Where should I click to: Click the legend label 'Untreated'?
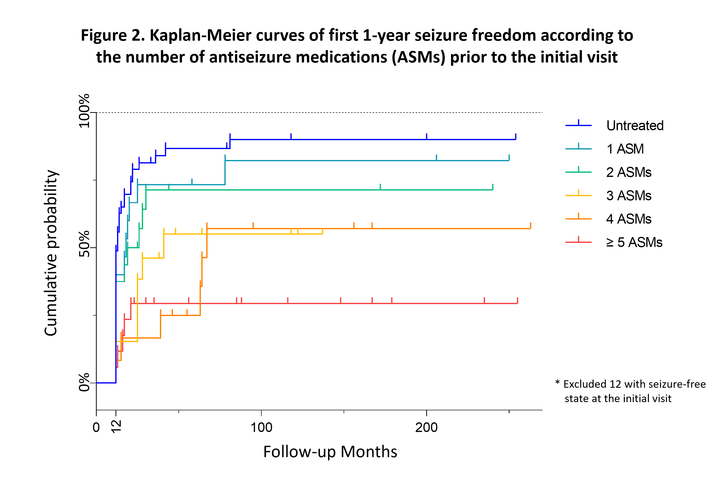pos(634,126)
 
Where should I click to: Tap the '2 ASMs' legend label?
pos(628,172)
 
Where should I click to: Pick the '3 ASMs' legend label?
pos(628,195)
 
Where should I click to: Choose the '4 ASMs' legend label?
pos(628,219)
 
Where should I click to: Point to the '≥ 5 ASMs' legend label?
pos(634,242)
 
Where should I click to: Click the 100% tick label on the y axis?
pos(84,111)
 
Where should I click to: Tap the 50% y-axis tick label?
pos(84,244)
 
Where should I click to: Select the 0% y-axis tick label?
pos(84,382)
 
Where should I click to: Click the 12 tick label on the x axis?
pos(116,426)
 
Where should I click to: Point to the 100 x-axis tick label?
pos(261,427)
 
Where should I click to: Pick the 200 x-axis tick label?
pos(426,427)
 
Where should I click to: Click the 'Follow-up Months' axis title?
pos(330,452)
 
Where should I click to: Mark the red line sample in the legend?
pos(578,242)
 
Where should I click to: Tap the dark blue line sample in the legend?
pos(578,125)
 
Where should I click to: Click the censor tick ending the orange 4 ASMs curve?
pos(530,226)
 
